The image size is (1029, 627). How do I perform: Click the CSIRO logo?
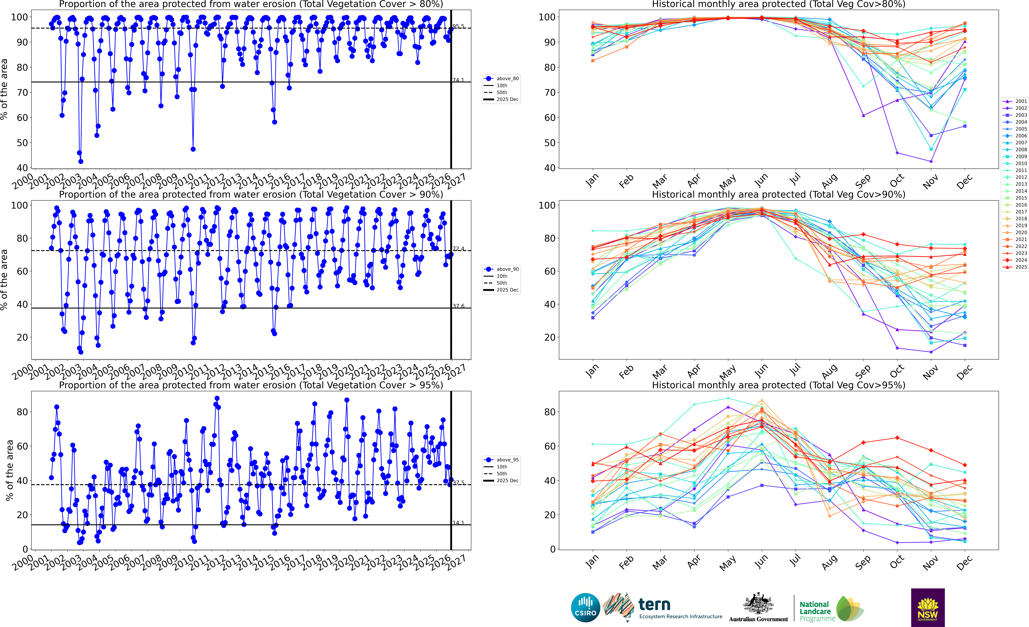[585, 607]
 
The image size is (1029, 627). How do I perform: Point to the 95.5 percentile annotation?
[458, 26]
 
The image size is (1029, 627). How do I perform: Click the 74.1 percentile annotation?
[458, 80]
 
